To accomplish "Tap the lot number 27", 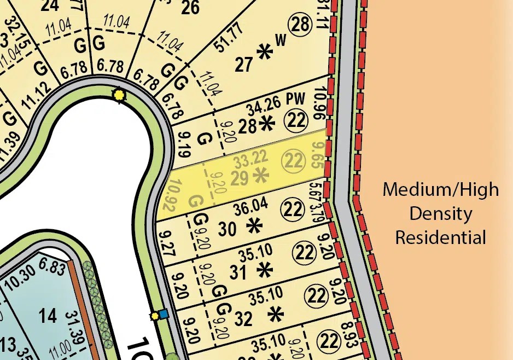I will [x=244, y=64].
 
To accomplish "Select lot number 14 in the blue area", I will [x=48, y=315].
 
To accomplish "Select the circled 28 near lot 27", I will [x=300, y=25].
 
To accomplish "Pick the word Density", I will [x=440, y=214].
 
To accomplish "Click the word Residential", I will [x=440, y=238].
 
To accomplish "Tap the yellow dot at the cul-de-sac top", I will [x=119, y=95].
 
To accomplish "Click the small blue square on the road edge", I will [x=163, y=314].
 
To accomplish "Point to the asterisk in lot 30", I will [x=253, y=225].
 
